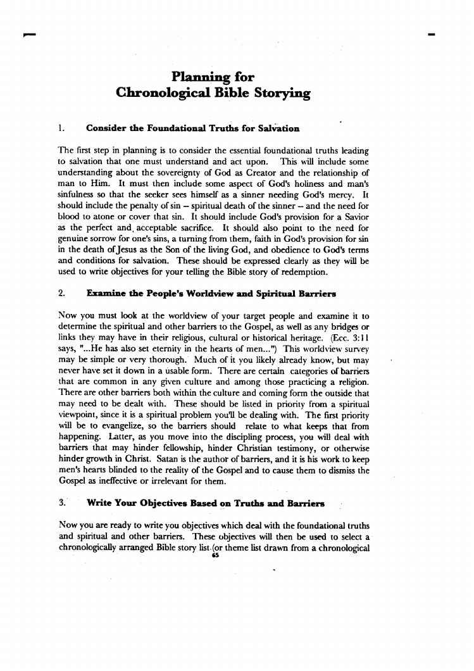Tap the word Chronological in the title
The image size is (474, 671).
coord(158,94)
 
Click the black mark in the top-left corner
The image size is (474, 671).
coord(25,36)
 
